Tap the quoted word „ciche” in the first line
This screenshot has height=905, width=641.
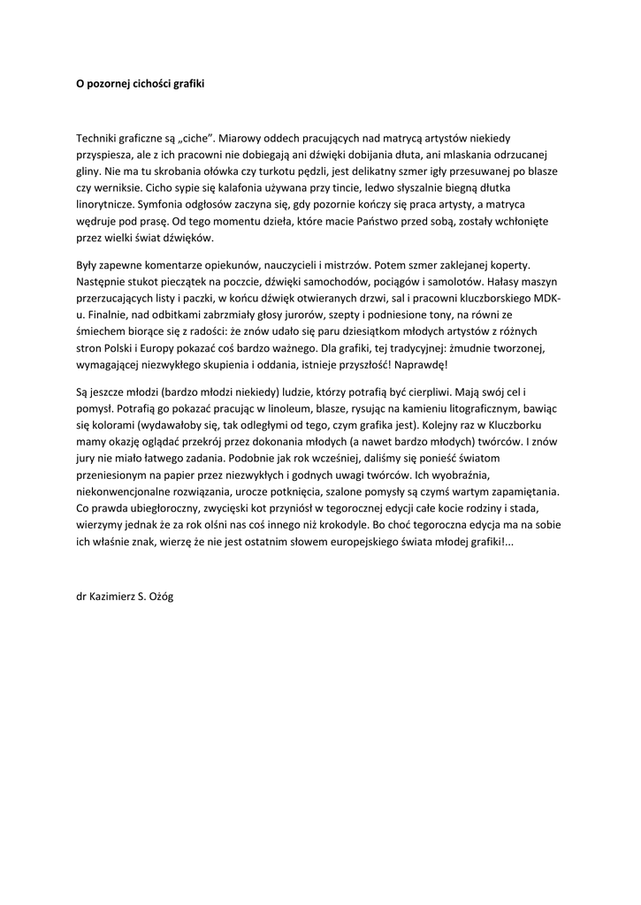pyautogui.click(x=193, y=139)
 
